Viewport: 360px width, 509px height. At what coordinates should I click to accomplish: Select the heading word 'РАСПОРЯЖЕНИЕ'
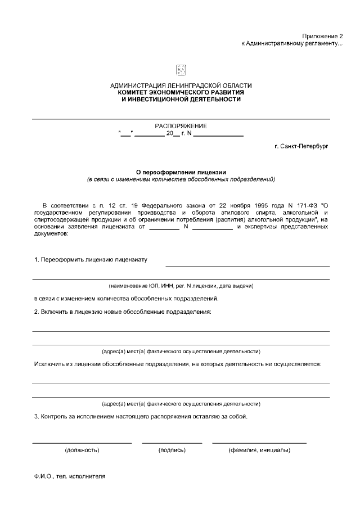[181, 126]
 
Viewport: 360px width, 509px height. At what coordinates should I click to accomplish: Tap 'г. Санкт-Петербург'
[301, 147]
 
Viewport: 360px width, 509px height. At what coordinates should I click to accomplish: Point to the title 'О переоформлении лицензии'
[181, 173]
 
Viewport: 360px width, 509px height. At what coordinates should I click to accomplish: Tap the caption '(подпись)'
[172, 450]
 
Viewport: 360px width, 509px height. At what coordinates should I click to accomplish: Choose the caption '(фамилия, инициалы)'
[259, 450]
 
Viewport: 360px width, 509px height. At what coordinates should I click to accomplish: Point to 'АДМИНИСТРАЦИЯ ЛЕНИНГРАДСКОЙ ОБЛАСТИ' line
[181, 85]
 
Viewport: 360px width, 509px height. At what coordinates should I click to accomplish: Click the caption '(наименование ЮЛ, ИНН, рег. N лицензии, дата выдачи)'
[181, 286]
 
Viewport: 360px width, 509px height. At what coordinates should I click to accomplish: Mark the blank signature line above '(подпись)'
[172, 442]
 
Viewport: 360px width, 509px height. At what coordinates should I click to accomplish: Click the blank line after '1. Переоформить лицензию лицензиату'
[247, 265]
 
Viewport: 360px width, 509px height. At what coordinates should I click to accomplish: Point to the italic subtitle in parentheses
[181, 180]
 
